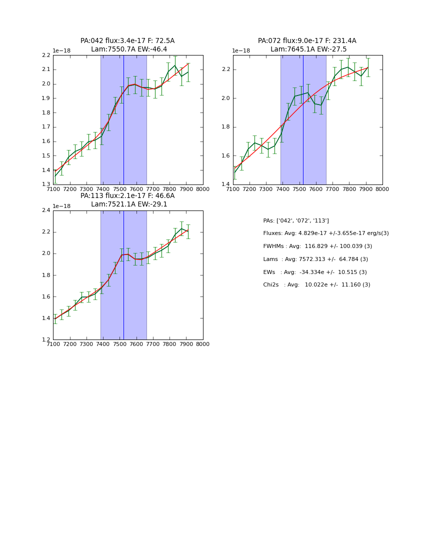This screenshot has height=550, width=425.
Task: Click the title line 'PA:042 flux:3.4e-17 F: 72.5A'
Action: click(127, 41)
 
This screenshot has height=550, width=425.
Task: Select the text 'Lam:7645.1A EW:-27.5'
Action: click(308, 49)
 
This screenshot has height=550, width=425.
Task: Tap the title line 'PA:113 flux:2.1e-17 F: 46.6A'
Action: click(127, 196)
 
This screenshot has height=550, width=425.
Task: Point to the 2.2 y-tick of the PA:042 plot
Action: click(46, 55)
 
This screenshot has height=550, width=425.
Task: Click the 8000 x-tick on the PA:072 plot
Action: click(382, 189)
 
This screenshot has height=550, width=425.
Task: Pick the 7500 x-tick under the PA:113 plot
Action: click(119, 344)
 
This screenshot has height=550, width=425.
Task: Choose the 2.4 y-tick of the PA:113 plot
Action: click(46, 210)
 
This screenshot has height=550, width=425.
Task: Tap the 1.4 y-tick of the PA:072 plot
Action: click(226, 184)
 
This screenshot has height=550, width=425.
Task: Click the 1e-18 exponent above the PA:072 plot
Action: click(241, 51)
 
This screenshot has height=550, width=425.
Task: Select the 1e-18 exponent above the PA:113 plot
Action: click(61, 206)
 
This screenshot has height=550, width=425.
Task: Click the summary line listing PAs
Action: click(295, 220)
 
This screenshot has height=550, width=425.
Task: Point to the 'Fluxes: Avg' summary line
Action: click(325, 233)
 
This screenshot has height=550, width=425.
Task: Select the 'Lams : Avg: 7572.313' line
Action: click(315, 259)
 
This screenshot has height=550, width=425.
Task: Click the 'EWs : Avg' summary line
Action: click(314, 272)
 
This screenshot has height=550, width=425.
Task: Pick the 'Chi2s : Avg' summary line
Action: click(316, 285)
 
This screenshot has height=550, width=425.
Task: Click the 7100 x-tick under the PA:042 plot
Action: click(53, 189)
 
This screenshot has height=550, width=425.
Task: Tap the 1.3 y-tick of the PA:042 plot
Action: click(46, 184)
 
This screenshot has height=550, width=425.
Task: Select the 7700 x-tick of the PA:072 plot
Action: click(332, 189)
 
